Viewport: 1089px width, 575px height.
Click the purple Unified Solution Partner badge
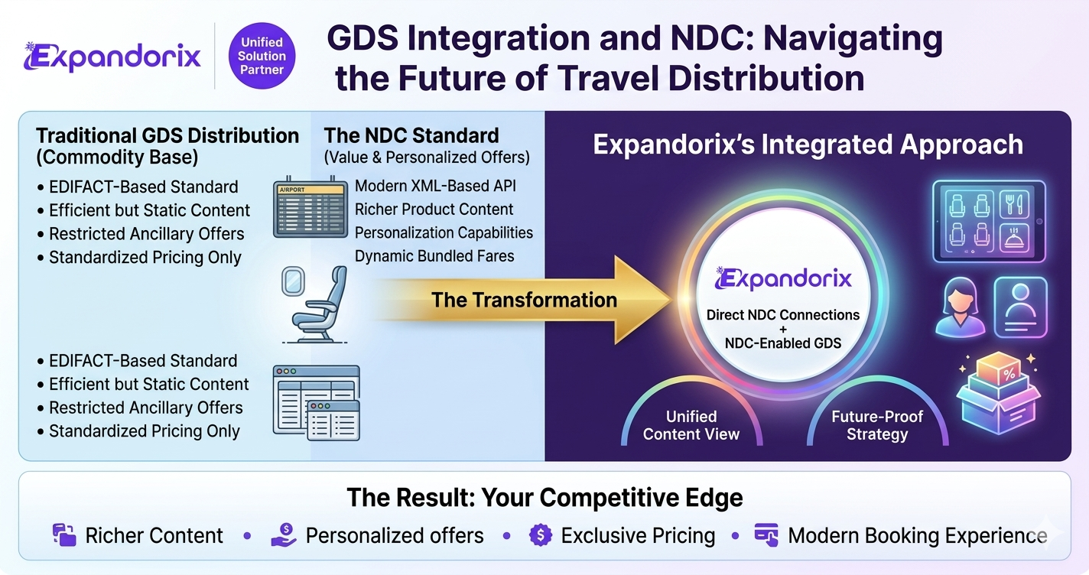click(x=262, y=56)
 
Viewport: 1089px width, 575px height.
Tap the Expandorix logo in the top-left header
click(x=112, y=57)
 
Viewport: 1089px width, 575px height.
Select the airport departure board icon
click(x=310, y=207)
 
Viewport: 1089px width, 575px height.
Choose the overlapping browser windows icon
click(x=317, y=403)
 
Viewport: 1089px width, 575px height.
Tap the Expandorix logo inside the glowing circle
click(x=783, y=279)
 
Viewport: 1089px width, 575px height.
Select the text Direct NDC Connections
click(x=783, y=315)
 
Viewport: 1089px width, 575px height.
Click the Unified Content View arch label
click(x=691, y=425)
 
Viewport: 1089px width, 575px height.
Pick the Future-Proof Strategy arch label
click(x=877, y=425)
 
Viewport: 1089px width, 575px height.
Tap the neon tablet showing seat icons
click(x=989, y=222)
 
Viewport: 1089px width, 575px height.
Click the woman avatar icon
click(x=961, y=307)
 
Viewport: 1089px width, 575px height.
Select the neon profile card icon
click(x=1020, y=307)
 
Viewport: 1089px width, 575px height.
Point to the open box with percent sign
click(x=998, y=393)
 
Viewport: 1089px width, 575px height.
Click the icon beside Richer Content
click(x=64, y=534)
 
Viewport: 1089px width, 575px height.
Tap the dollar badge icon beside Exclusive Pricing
click(x=541, y=535)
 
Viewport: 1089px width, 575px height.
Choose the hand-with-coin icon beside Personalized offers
click(x=284, y=535)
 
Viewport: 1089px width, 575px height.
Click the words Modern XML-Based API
click(x=435, y=186)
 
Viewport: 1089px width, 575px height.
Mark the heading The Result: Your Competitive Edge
click(x=544, y=498)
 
